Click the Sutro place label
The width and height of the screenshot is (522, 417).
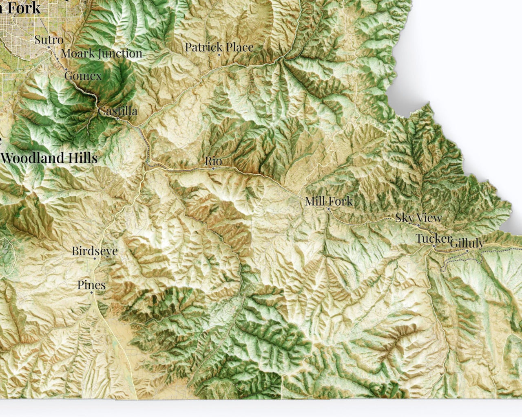[49, 40]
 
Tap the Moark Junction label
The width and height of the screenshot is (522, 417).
[102, 53]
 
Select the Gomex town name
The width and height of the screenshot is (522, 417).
[83, 75]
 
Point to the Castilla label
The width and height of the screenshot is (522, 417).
[117, 111]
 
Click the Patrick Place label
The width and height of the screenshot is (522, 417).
[219, 47]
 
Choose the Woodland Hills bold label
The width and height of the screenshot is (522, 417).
[49, 158]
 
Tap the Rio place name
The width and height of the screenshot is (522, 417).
[213, 161]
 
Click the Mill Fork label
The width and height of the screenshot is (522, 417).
[329, 201]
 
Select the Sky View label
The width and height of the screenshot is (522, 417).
[418, 218]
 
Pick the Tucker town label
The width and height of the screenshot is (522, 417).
[433, 239]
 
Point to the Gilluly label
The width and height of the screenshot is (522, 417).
[467, 244]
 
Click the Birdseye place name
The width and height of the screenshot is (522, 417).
[95, 251]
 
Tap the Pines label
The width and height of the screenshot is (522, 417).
[91, 285]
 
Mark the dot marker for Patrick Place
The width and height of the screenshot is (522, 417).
[219, 55]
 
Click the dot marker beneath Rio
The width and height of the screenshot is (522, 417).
[213, 168]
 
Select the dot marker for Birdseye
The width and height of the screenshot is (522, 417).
[95, 258]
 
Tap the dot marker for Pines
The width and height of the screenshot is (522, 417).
[91, 292]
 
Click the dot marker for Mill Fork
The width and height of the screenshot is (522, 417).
[328, 208]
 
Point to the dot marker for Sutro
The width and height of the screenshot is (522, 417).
[49, 47]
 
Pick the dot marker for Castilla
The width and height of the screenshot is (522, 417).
[117, 118]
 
